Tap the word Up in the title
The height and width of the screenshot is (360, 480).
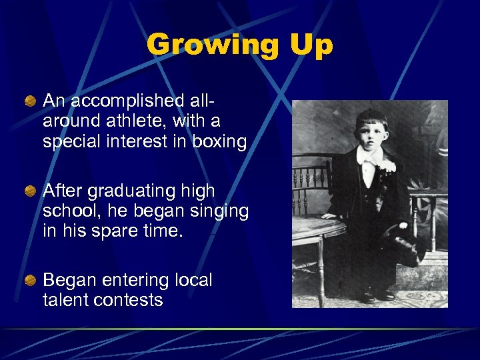click(311, 45)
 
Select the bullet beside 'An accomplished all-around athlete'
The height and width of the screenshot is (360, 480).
click(31, 101)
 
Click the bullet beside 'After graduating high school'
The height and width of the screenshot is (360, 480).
click(31, 191)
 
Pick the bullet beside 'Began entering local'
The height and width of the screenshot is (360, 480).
click(31, 281)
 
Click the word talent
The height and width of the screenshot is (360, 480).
click(63, 300)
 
